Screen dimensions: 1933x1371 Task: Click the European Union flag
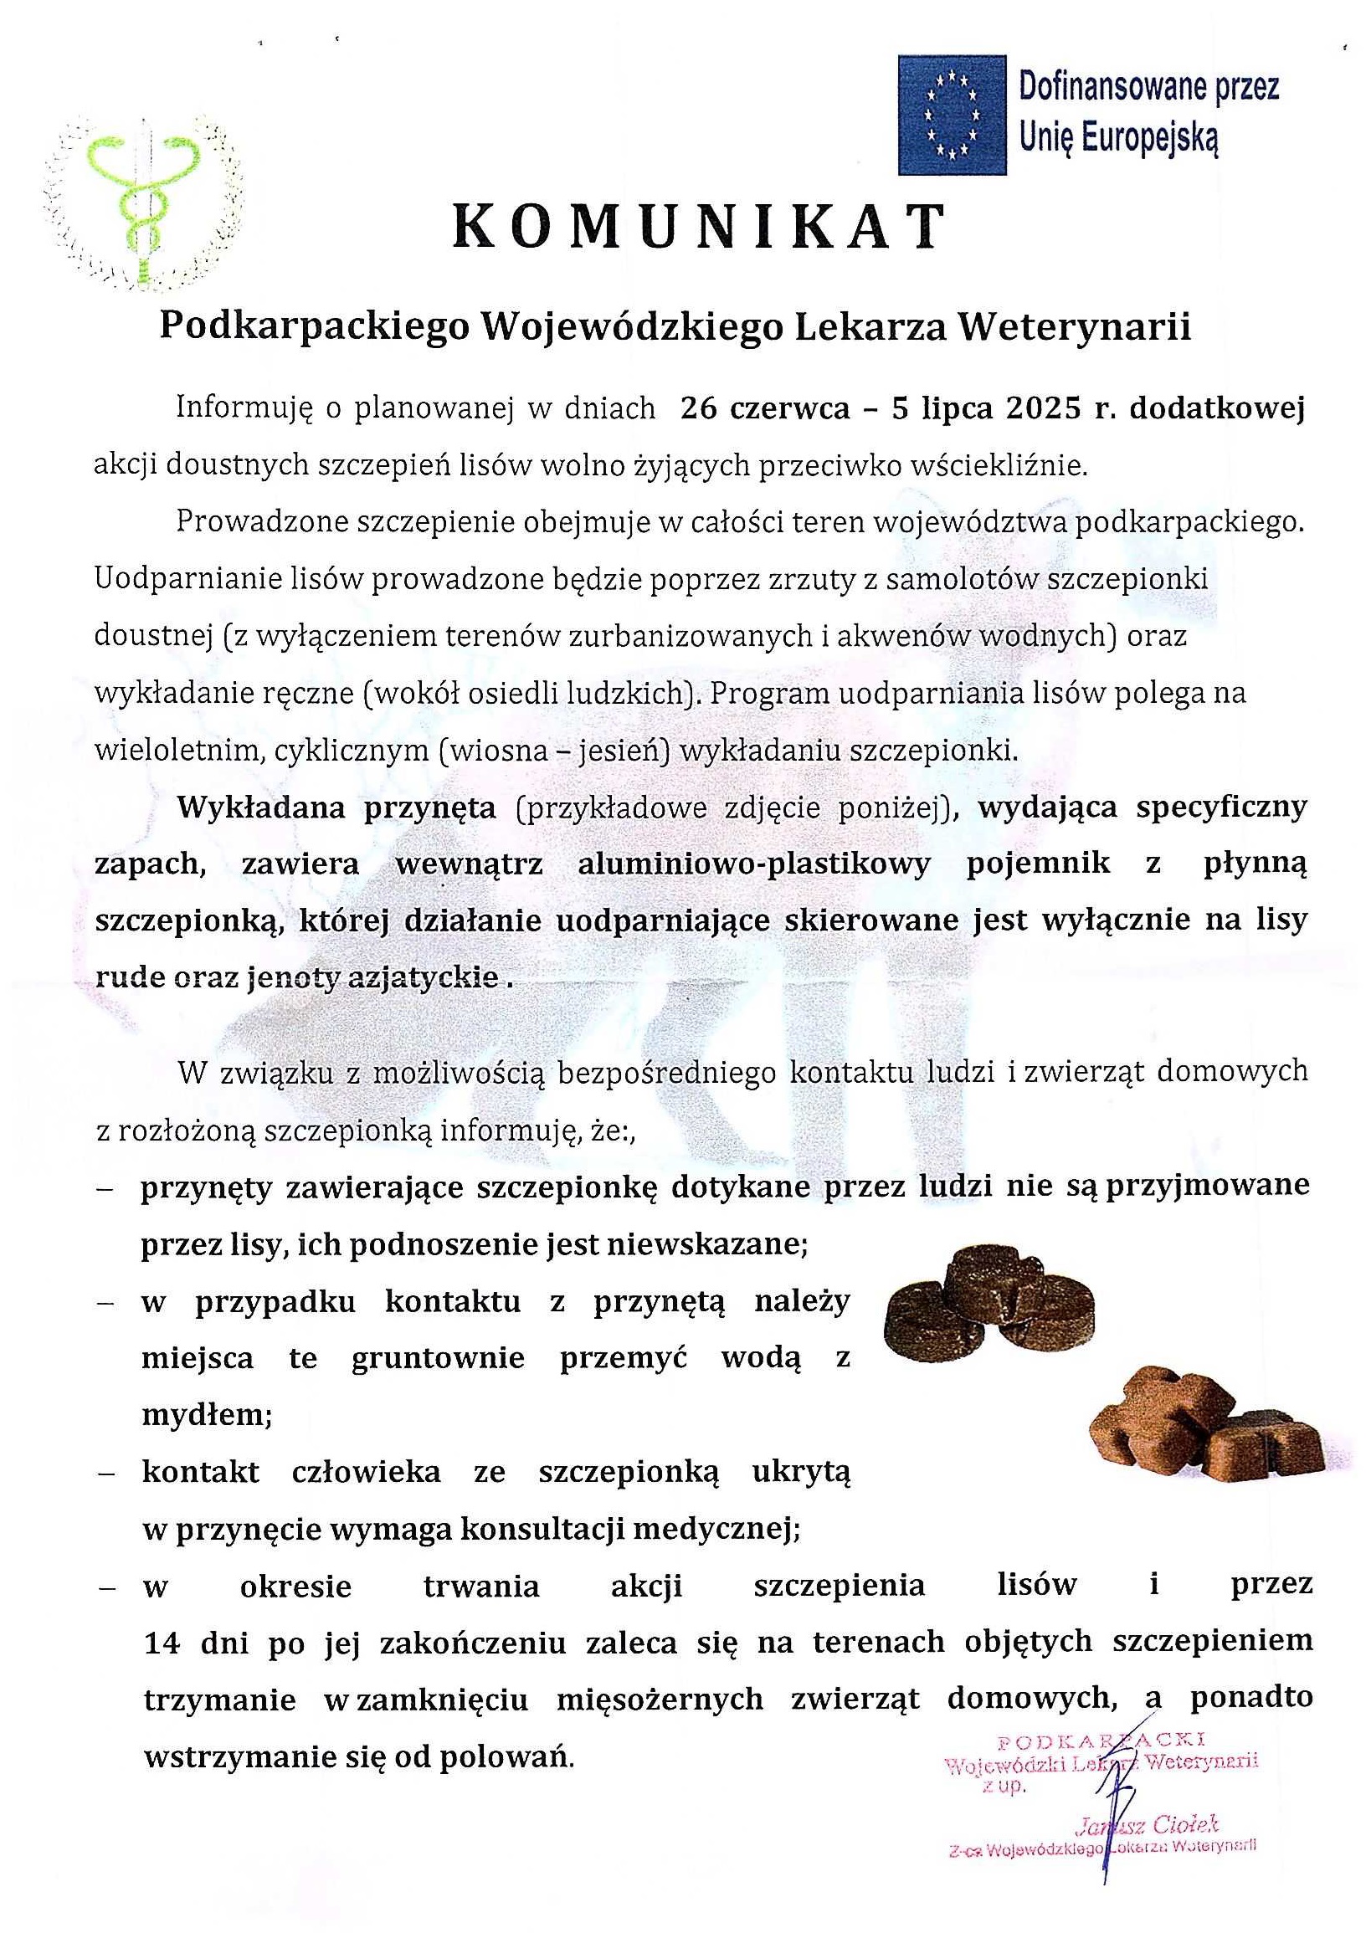tap(952, 115)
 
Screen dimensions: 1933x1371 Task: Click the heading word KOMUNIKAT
tap(699, 227)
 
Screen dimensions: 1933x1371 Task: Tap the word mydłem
tap(206, 1416)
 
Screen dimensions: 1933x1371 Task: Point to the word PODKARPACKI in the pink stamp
tap(1099, 1739)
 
